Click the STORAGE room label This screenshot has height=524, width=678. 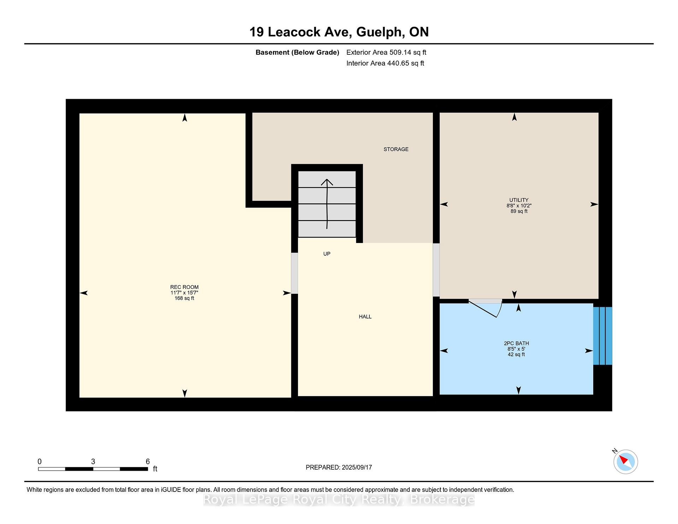point(396,149)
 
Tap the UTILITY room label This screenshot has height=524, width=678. point(519,200)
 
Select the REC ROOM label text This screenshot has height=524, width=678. point(184,287)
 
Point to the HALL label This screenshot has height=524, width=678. point(365,317)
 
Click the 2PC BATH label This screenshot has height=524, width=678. point(516,343)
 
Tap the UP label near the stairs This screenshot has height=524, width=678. point(327,254)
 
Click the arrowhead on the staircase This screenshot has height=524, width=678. point(327,182)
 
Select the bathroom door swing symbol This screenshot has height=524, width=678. point(485,308)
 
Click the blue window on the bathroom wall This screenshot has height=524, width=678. point(602,336)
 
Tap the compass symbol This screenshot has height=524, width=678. point(625,462)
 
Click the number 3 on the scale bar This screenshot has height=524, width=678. point(93,462)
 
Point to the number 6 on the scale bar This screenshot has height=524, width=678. point(148,462)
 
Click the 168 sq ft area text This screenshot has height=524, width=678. point(184,298)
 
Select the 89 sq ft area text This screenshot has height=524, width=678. point(519,211)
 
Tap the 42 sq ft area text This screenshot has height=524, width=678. point(516,355)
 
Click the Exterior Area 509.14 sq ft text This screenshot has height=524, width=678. point(386,52)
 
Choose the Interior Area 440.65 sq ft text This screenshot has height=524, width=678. point(385,63)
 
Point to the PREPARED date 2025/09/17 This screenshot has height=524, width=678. point(357,468)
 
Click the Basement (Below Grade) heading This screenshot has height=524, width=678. point(297,53)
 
